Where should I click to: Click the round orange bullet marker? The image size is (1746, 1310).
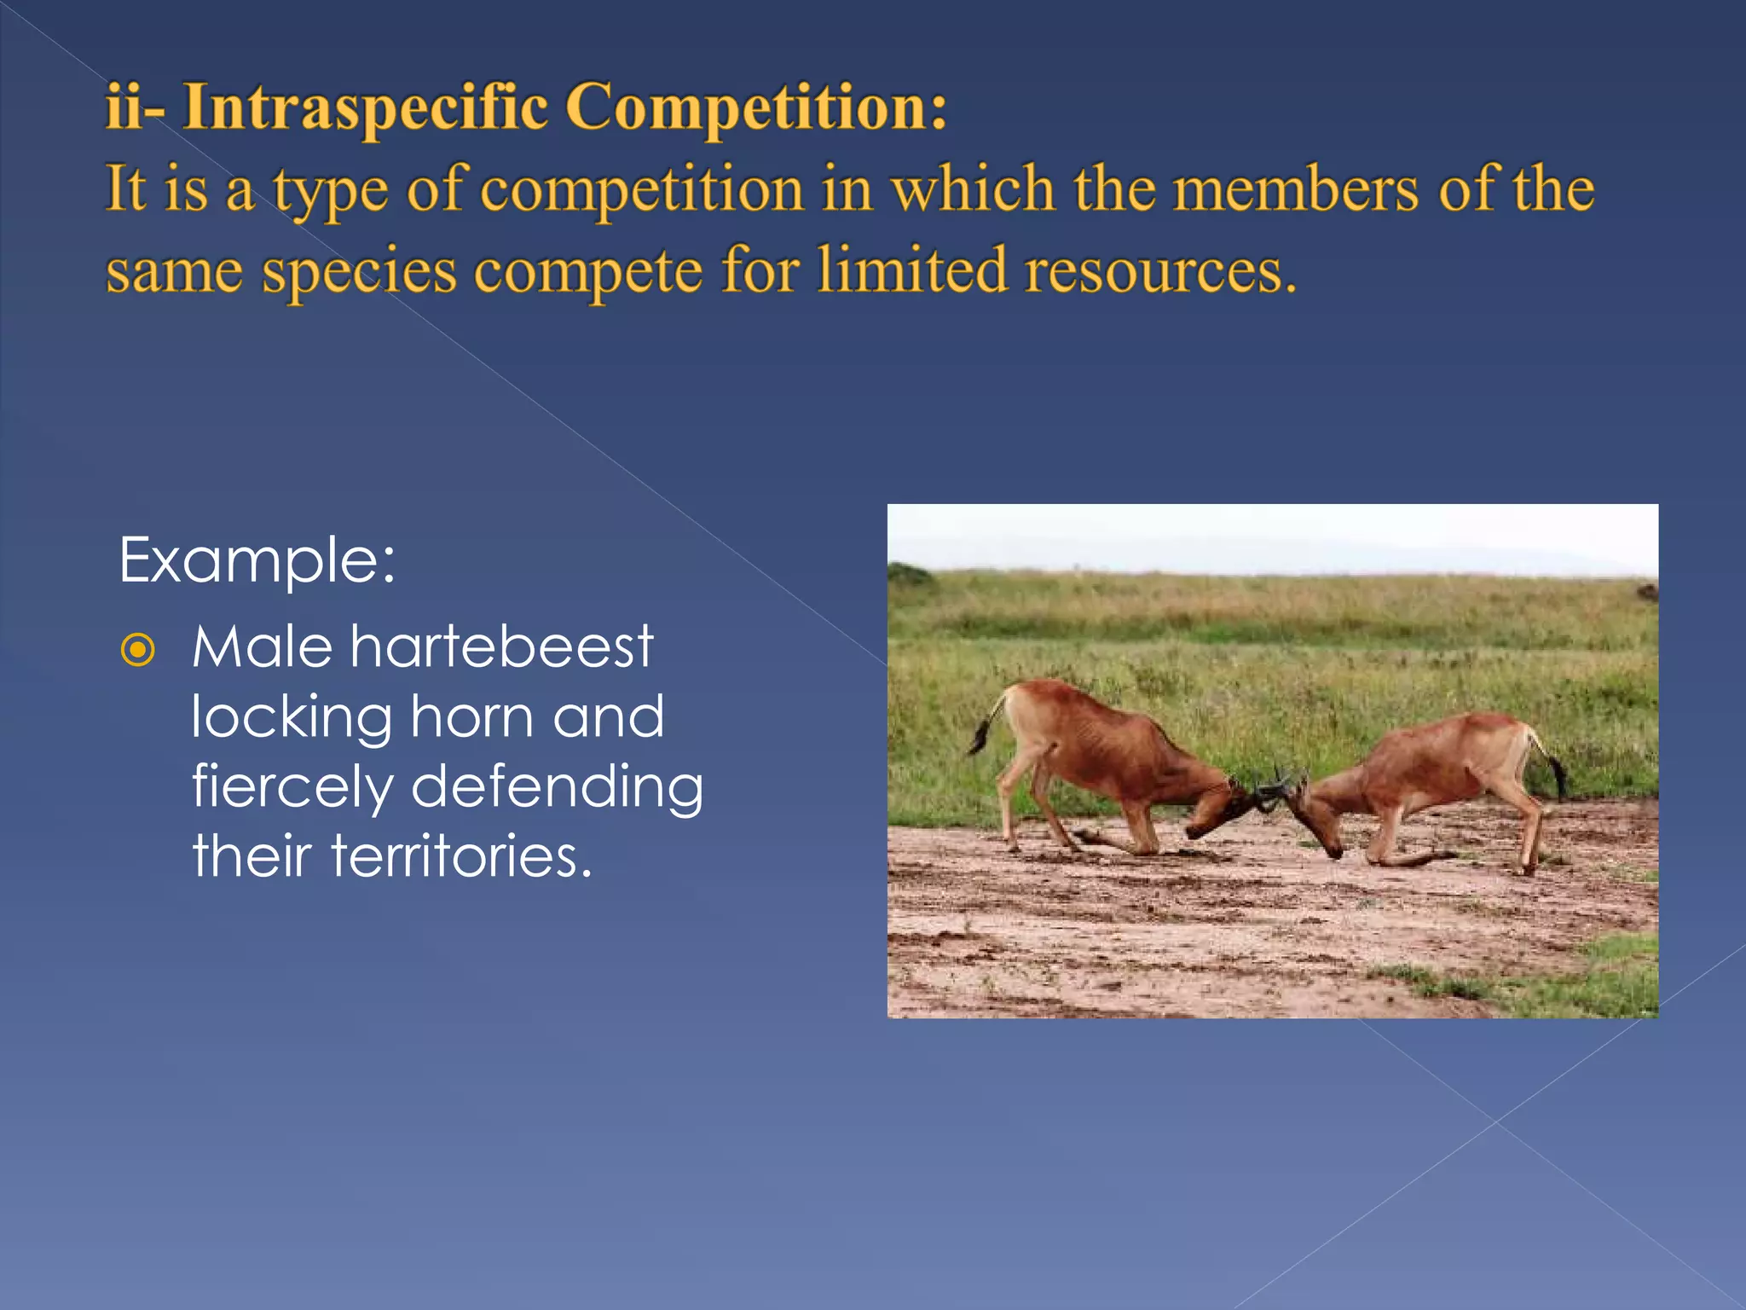(x=138, y=651)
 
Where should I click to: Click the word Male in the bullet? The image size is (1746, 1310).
(x=262, y=646)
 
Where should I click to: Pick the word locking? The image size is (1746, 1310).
(x=292, y=717)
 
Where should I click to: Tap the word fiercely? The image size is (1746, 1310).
(x=292, y=787)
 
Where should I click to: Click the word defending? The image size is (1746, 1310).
(x=557, y=787)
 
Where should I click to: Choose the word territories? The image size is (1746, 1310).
(x=460, y=856)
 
